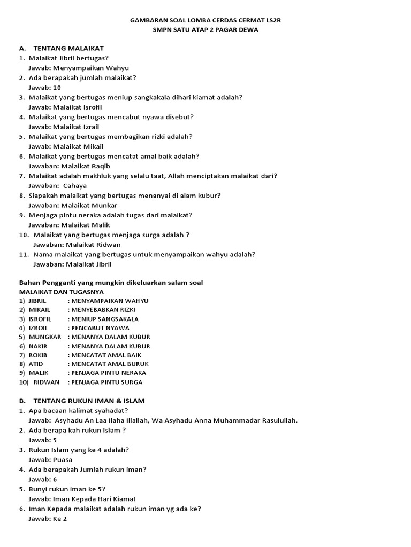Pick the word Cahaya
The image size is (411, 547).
[x=75, y=186]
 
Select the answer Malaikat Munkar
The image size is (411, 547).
[x=89, y=205]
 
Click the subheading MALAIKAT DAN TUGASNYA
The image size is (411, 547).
[x=62, y=292]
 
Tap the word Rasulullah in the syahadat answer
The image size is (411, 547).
[x=276, y=420]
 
